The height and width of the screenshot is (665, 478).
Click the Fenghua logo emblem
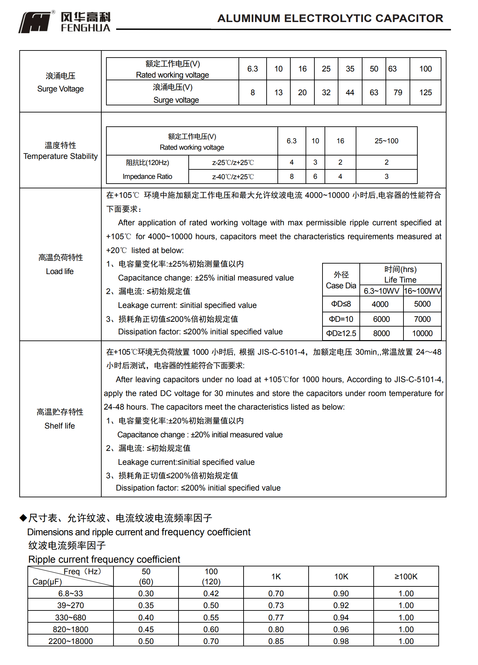(x=35, y=22)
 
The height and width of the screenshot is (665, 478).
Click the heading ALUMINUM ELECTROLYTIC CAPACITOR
(x=330, y=18)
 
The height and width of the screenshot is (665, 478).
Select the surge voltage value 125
(x=425, y=92)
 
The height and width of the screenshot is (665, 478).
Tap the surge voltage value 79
(x=398, y=92)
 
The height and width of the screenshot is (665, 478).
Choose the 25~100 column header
(x=386, y=141)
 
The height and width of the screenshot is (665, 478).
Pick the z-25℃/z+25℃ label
(x=233, y=163)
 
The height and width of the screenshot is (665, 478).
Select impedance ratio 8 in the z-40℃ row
(x=292, y=176)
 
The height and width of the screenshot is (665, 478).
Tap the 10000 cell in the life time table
(x=422, y=333)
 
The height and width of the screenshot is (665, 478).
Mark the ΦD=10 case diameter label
(x=341, y=319)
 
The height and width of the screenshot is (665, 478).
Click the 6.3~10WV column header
(x=381, y=291)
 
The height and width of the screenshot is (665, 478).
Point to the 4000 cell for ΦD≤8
(x=380, y=304)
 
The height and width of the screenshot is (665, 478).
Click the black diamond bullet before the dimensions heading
(x=23, y=518)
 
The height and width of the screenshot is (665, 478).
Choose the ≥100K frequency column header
(x=406, y=577)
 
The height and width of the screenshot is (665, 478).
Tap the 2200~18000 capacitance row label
(x=70, y=641)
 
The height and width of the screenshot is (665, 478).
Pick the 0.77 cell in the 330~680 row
(x=276, y=618)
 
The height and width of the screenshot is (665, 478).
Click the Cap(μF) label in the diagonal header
(x=47, y=582)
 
